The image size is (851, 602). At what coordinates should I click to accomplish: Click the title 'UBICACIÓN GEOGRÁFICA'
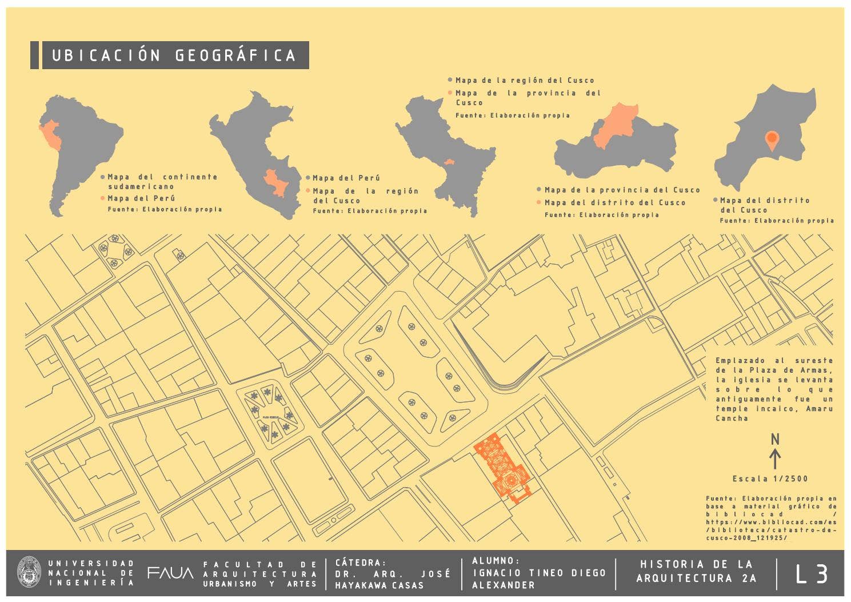click(x=174, y=55)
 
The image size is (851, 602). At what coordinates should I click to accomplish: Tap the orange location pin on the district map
click(x=772, y=139)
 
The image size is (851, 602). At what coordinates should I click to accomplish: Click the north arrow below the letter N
click(x=775, y=459)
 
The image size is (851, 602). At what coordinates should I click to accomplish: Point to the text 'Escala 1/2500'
click(x=770, y=479)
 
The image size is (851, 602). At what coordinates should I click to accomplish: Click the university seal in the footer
click(x=29, y=573)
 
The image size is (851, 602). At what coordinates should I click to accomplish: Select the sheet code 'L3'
click(x=812, y=574)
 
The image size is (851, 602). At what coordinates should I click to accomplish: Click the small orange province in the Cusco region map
click(x=450, y=162)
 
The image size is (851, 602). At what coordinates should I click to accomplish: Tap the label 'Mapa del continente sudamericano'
click(x=163, y=182)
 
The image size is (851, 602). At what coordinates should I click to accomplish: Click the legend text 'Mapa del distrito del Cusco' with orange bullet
click(x=615, y=202)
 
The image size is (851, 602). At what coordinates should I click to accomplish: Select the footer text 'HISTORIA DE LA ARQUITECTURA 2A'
click(x=696, y=572)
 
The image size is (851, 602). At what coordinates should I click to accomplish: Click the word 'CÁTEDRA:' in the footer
click(x=361, y=563)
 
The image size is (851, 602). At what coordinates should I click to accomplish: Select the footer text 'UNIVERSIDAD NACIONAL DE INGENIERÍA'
click(x=91, y=573)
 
